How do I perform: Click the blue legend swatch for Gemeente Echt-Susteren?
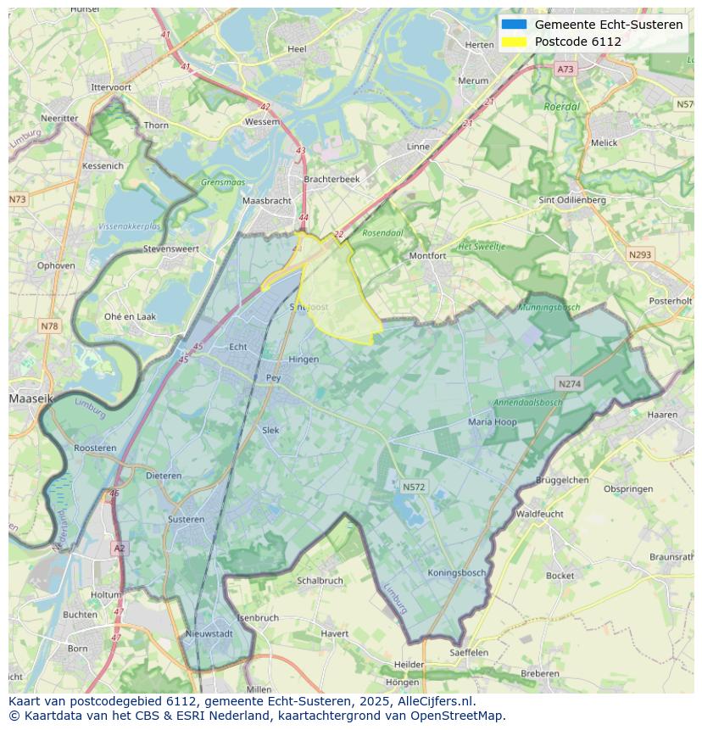tap(514, 25)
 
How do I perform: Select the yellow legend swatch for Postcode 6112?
tap(514, 42)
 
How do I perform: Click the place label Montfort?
tap(427, 255)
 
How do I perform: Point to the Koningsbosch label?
tap(457, 573)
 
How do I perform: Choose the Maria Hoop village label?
tap(493, 421)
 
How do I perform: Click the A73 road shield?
tap(565, 69)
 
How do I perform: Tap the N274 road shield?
tap(569, 384)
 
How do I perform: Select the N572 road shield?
tap(414, 487)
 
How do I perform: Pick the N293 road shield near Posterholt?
tap(640, 254)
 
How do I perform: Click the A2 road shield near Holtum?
tap(119, 549)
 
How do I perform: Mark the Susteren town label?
tap(186, 519)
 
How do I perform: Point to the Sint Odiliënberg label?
tap(572, 200)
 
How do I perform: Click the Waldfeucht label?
tap(540, 514)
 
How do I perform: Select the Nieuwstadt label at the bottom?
tap(209, 633)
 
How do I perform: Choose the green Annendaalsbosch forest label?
tap(528, 403)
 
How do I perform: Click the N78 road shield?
tap(50, 326)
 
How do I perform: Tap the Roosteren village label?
tap(95, 448)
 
